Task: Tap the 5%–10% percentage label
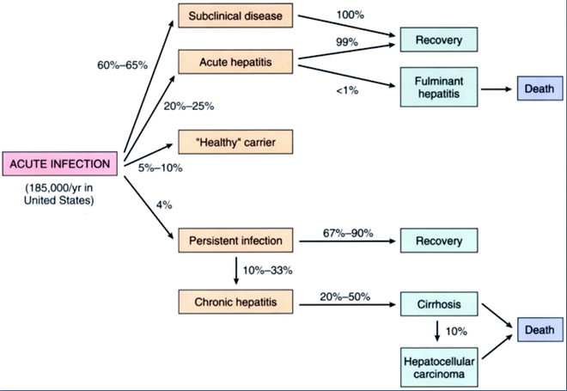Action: point(160,168)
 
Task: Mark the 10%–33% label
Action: point(267,270)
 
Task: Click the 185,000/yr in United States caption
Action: point(59,194)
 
